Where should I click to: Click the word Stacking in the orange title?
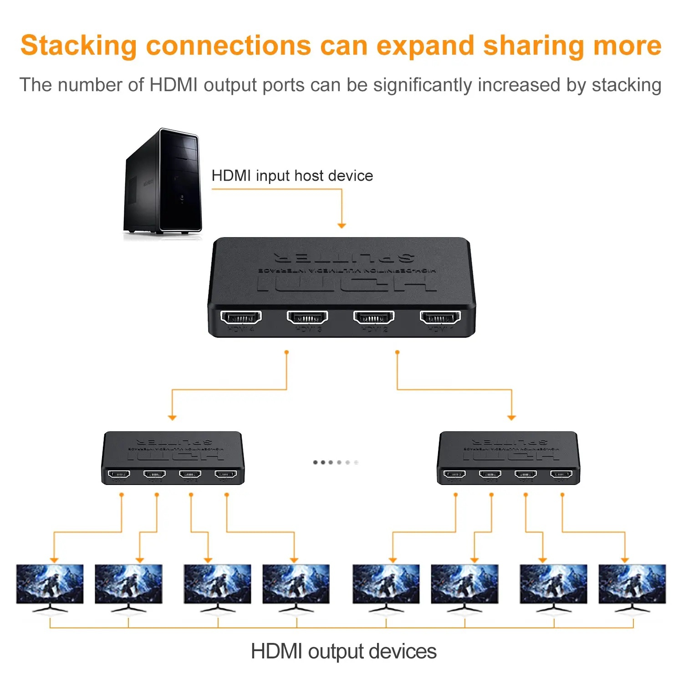(78, 46)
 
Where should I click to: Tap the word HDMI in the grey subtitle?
(173, 85)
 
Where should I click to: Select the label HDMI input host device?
(292, 176)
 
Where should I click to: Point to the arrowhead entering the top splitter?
(341, 225)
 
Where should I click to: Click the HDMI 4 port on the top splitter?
(241, 317)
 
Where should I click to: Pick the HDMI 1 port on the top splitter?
(440, 317)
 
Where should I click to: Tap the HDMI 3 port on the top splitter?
(307, 317)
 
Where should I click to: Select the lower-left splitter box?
(173, 458)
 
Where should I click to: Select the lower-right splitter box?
(508, 458)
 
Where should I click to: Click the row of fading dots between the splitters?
(336, 462)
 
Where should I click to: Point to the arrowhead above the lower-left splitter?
(172, 417)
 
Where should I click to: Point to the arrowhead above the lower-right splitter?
(511, 417)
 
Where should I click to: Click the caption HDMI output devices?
(344, 651)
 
